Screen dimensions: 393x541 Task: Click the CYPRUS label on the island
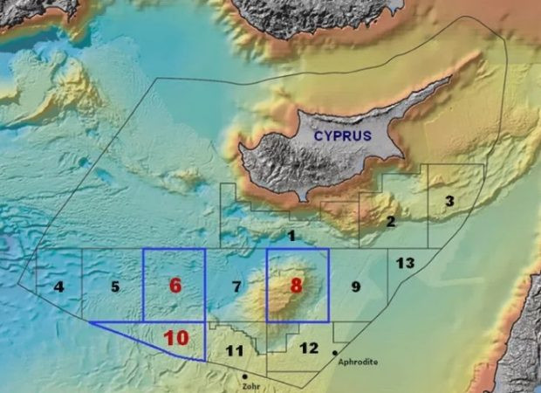pyautogui.click(x=344, y=135)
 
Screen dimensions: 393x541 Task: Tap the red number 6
pyautogui.click(x=175, y=286)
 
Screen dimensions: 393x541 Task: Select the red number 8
pyautogui.click(x=297, y=286)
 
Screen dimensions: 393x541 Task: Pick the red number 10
pyautogui.click(x=176, y=337)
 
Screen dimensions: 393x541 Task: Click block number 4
pyautogui.click(x=58, y=286)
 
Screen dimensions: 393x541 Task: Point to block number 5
pyautogui.click(x=115, y=286)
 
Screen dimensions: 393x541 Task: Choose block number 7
pyautogui.click(x=236, y=286)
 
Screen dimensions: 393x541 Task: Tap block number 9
pyautogui.click(x=355, y=286)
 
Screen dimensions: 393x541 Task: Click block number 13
pyautogui.click(x=405, y=263)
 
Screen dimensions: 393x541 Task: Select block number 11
pyautogui.click(x=234, y=351)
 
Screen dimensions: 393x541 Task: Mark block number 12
pyautogui.click(x=309, y=348)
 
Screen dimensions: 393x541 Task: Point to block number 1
pyautogui.click(x=292, y=236)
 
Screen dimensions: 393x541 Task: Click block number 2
pyautogui.click(x=390, y=222)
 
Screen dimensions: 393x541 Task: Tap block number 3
pyautogui.click(x=449, y=202)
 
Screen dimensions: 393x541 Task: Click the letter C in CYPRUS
pyautogui.click(x=320, y=135)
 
